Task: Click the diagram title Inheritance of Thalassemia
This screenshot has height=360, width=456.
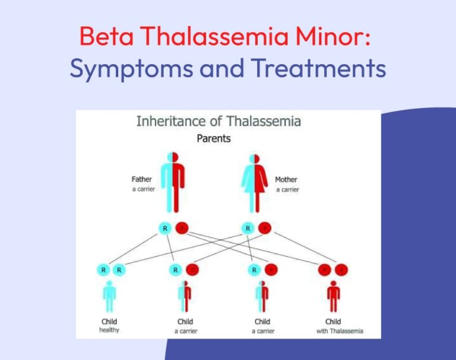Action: (x=218, y=122)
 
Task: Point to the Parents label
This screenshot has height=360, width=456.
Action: (x=214, y=139)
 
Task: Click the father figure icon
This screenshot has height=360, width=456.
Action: (x=173, y=181)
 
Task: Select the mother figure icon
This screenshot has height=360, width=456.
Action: (x=255, y=181)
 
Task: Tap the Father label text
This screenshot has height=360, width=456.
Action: (x=142, y=179)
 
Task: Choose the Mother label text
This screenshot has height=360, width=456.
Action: (x=286, y=179)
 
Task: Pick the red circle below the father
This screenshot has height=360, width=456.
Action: (x=182, y=228)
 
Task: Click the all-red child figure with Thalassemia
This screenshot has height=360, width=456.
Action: (x=334, y=296)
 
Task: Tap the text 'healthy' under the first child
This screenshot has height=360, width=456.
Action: (x=109, y=330)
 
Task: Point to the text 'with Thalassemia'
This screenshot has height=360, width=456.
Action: (x=340, y=330)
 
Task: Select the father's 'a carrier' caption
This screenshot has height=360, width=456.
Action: (x=143, y=189)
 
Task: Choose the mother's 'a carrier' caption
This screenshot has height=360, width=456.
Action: (x=287, y=189)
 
